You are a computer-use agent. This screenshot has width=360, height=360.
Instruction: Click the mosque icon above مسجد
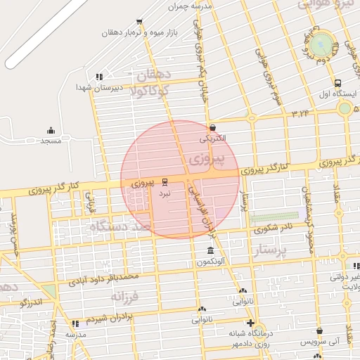[51, 130]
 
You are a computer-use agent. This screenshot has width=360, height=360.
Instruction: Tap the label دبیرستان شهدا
[99, 87]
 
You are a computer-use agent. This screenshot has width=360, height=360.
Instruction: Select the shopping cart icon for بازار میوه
[139, 22]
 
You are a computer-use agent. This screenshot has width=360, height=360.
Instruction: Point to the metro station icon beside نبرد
[165, 181]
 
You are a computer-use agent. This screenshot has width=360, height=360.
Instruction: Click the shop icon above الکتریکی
[212, 128]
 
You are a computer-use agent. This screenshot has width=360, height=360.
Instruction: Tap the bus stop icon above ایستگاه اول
[337, 82]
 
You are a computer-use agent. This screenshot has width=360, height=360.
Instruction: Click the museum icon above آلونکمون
[210, 251]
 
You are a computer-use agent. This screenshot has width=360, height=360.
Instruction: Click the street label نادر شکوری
[276, 227]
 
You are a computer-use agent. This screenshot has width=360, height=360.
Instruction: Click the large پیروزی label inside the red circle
[208, 159]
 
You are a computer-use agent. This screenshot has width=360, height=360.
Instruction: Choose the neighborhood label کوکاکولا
[145, 89]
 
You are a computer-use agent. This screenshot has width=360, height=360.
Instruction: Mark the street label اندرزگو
[32, 302]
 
